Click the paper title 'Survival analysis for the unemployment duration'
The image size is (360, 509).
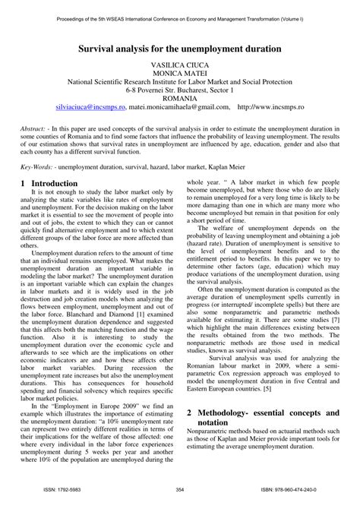[180, 47]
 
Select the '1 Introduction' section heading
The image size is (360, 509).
[50, 204]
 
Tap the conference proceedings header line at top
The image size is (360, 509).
[180, 14]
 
